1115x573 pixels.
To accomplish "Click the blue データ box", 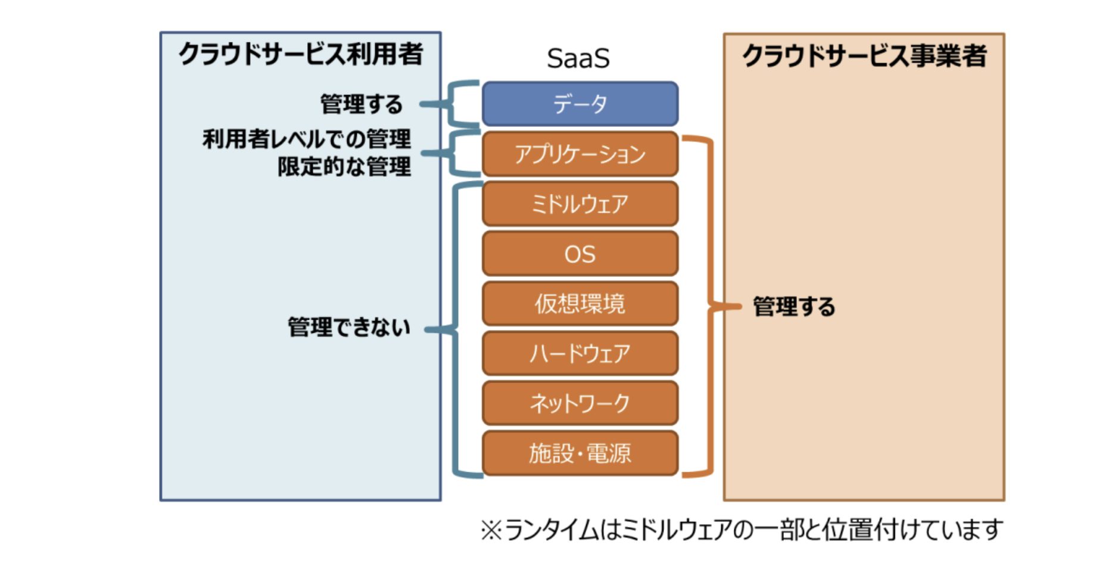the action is pyautogui.click(x=580, y=104).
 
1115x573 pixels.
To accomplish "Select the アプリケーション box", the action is pyautogui.click(x=580, y=154).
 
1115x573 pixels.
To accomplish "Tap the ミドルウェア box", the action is pyautogui.click(x=580, y=204).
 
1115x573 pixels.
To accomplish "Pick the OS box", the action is pyautogui.click(x=580, y=254).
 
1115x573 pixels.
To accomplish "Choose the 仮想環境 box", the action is pyautogui.click(x=580, y=304).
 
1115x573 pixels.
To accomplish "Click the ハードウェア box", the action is pyautogui.click(x=580, y=354).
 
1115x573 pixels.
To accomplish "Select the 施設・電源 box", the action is pyautogui.click(x=580, y=453).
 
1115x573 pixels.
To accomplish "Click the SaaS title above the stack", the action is pyautogui.click(x=578, y=58).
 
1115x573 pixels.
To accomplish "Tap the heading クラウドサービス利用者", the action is pyautogui.click(x=301, y=54).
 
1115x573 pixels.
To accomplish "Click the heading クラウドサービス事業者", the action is pyautogui.click(x=864, y=56).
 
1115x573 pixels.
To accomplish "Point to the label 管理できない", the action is pyautogui.click(x=349, y=328).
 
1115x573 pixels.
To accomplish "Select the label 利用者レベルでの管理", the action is pyautogui.click(x=307, y=139).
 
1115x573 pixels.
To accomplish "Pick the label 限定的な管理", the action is pyautogui.click(x=344, y=167).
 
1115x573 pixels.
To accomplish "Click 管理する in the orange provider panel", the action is pyautogui.click(x=794, y=307).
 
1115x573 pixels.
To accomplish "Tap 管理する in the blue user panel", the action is pyautogui.click(x=362, y=104).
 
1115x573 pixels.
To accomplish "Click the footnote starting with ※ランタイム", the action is pyautogui.click(x=742, y=530).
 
